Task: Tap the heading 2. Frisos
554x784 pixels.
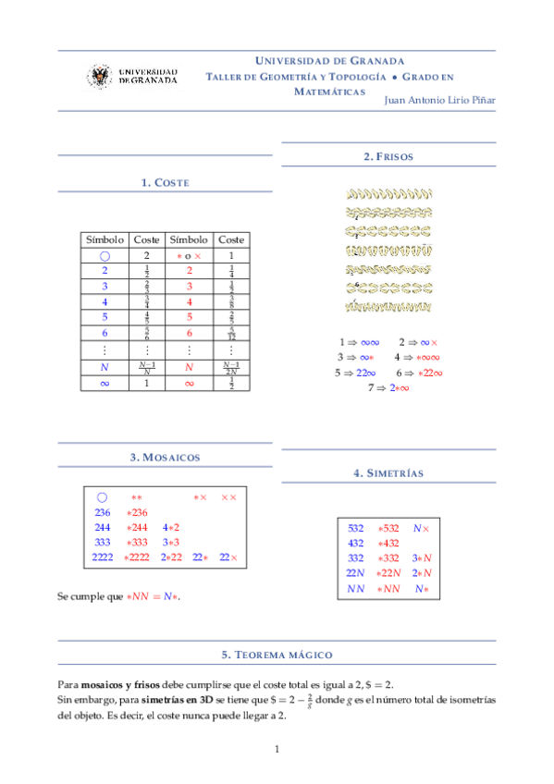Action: pyautogui.click(x=388, y=157)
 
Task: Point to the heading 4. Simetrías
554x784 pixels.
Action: pyautogui.click(x=388, y=473)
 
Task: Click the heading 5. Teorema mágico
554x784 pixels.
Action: pyautogui.click(x=277, y=654)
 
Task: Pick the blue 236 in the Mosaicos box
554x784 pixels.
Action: pyautogui.click(x=103, y=512)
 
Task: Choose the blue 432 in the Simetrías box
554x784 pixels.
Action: pyautogui.click(x=355, y=543)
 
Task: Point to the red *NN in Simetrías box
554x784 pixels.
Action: pyautogui.click(x=388, y=588)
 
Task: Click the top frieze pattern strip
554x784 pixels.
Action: pyautogui.click(x=388, y=195)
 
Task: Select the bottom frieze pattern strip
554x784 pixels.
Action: pyautogui.click(x=388, y=305)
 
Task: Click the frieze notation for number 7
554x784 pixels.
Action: pyautogui.click(x=388, y=387)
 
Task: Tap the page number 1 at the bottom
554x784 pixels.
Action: pyautogui.click(x=277, y=748)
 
